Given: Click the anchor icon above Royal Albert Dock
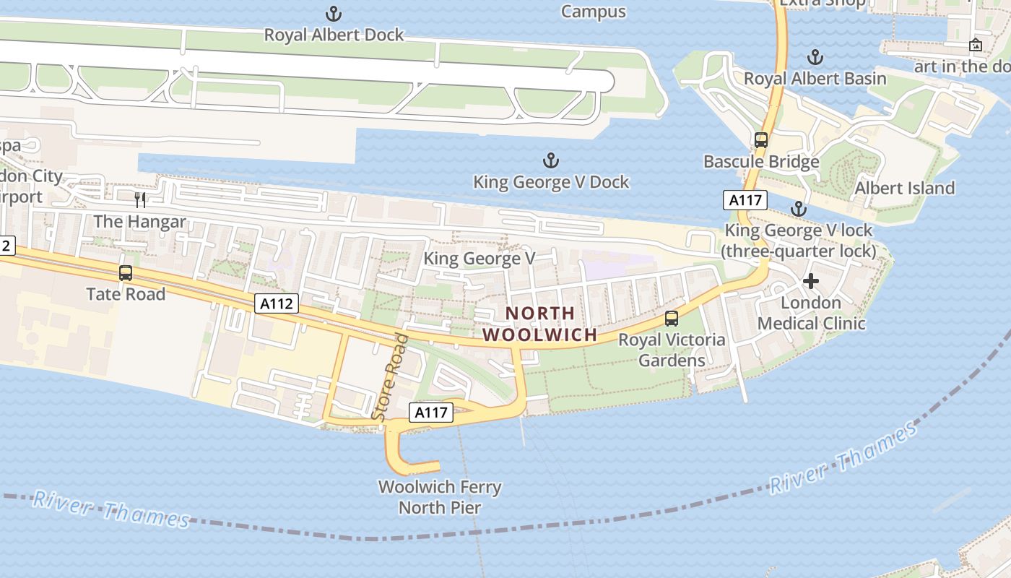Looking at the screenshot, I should point(334,13).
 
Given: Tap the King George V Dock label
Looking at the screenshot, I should point(551,182).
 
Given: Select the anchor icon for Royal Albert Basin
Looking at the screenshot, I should point(815,57).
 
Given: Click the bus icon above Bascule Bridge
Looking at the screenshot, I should point(760,140).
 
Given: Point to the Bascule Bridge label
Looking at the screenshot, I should point(761,161).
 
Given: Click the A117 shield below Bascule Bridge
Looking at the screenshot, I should point(745,200).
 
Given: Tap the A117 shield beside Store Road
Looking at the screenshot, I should point(431,413).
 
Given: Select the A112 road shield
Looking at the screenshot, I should point(277,303).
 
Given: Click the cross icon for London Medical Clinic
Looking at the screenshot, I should point(810,281).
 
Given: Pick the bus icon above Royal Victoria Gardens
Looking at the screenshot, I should point(672,318).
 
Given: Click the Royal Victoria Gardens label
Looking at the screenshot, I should point(672,350).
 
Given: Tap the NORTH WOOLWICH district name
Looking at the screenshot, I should point(540,324).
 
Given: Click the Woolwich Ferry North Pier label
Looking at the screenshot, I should point(440,497).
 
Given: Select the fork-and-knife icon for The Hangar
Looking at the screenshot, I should point(140,200).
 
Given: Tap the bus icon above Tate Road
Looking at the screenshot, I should point(126,273).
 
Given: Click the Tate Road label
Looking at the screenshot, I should point(126,294).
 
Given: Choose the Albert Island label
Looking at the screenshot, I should point(904,189).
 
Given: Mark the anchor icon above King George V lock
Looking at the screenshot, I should point(798,210).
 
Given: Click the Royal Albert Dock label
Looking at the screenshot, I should point(334,35).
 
